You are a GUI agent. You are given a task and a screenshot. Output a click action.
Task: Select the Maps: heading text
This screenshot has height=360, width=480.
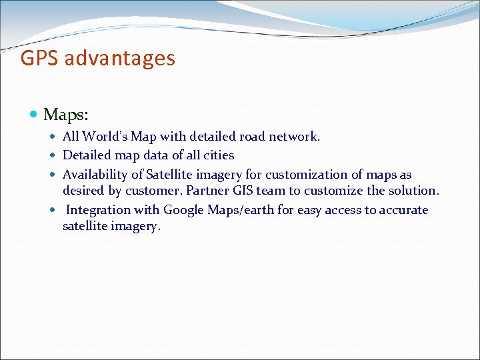click(x=66, y=115)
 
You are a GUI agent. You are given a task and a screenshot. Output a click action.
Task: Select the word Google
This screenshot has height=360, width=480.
click(x=184, y=210)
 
